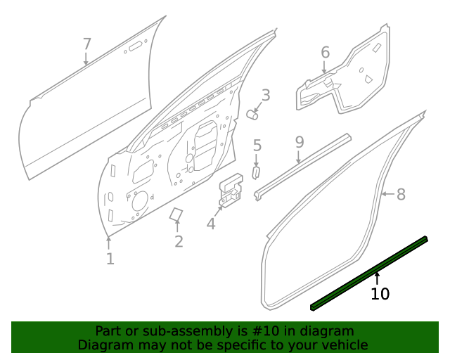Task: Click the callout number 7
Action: click(x=87, y=44)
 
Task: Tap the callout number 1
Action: click(x=110, y=259)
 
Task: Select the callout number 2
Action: click(x=179, y=242)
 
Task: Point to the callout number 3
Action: click(x=266, y=95)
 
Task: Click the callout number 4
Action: click(x=211, y=224)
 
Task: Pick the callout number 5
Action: click(x=257, y=146)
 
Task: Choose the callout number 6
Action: click(x=325, y=52)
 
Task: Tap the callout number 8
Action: click(x=401, y=194)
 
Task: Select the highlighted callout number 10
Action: click(x=380, y=294)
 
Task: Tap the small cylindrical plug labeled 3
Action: click(x=253, y=114)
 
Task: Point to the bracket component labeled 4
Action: click(x=229, y=192)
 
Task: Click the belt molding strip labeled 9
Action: click(x=302, y=167)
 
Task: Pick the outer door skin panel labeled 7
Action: click(x=84, y=112)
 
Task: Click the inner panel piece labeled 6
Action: click(x=345, y=77)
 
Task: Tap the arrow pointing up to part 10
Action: click(x=377, y=279)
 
